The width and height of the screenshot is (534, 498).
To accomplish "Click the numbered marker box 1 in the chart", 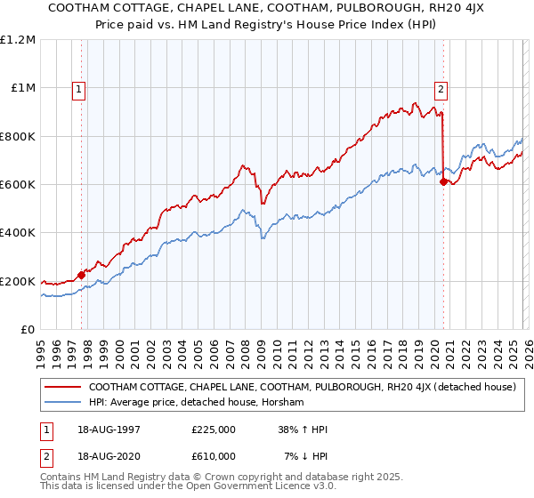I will click(79, 88).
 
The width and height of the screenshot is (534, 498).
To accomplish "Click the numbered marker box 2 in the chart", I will click(441, 88).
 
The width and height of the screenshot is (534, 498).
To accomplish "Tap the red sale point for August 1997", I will click(81, 275).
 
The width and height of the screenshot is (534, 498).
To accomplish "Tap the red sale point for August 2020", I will click(443, 181).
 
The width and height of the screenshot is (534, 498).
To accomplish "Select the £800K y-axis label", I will click(18, 137).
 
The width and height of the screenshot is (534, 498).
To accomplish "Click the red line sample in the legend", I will click(62, 387).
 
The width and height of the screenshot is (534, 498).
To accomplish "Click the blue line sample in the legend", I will click(62, 403).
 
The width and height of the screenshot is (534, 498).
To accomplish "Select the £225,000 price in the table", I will click(214, 430).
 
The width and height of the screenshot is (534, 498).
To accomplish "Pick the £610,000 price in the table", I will click(214, 456).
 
